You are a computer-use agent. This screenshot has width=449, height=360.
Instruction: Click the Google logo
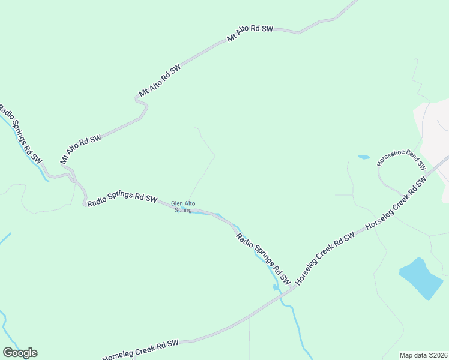point(20,353)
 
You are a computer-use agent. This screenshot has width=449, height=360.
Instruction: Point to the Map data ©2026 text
point(423,355)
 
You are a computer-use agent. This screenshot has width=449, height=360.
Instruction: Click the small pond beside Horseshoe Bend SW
point(364,157)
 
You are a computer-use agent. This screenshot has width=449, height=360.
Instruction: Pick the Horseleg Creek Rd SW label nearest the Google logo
point(141,347)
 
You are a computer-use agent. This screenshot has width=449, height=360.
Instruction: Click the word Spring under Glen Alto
point(183,210)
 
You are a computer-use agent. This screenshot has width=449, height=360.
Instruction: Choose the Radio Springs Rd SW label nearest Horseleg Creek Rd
point(263,258)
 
